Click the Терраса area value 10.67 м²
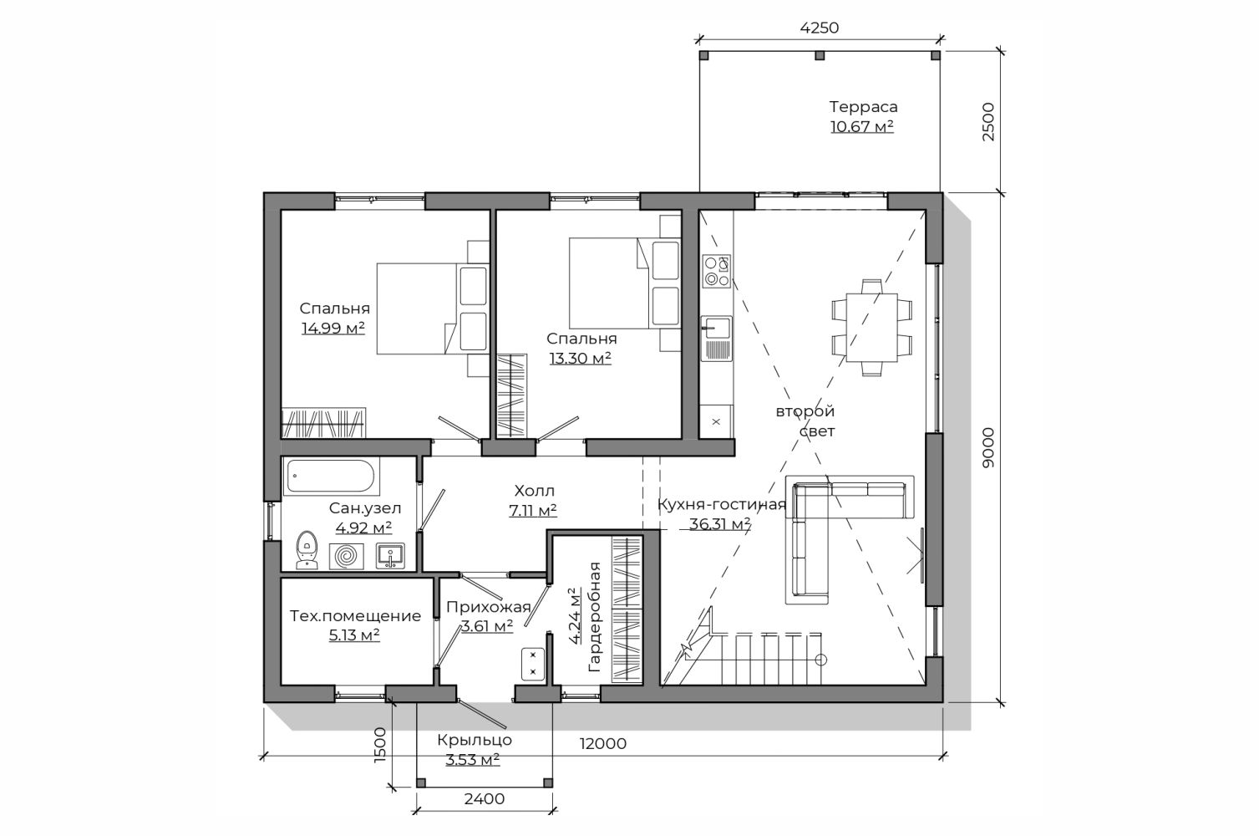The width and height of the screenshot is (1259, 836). (862, 126)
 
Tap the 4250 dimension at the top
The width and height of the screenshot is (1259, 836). (819, 28)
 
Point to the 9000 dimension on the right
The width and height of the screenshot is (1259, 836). (987, 447)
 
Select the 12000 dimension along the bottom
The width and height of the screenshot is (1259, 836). (603, 743)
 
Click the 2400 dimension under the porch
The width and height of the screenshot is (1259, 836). (485, 798)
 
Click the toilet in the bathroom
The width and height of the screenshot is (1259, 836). (307, 549)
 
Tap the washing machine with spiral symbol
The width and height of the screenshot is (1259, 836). (346, 557)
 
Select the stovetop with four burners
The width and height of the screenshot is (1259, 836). (717, 271)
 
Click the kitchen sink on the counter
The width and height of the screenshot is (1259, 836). (716, 338)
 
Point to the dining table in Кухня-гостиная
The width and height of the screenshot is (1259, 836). (871, 327)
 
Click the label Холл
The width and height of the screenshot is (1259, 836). (534, 490)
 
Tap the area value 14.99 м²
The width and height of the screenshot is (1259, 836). (333, 328)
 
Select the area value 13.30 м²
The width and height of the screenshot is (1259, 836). (581, 358)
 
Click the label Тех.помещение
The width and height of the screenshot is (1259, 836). (355, 615)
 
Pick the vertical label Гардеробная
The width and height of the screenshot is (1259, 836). (594, 617)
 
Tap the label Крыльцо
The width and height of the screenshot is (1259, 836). (475, 739)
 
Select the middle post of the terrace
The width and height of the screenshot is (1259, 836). (820, 55)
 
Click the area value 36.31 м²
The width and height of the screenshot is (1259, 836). (720, 524)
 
